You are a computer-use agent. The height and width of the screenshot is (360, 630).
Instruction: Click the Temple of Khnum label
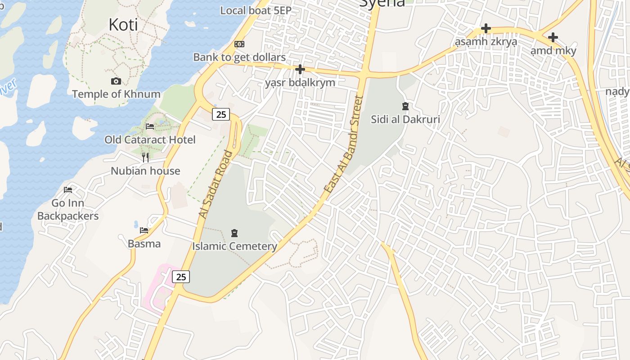[x=116, y=94]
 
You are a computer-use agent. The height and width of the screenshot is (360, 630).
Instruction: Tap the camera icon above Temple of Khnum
[x=116, y=81]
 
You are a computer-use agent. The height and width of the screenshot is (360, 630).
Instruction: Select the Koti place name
[x=123, y=25]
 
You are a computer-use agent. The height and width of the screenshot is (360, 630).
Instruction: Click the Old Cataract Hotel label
[x=150, y=139]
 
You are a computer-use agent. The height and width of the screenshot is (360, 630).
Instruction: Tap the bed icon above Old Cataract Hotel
[x=150, y=126]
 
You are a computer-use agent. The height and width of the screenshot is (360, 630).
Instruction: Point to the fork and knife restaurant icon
[x=145, y=157]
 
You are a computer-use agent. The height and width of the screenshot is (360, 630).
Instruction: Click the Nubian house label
[x=145, y=171]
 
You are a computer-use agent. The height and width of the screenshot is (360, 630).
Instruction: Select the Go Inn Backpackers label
[x=68, y=210]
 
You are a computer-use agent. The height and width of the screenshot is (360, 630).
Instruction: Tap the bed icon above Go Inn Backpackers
[x=68, y=190]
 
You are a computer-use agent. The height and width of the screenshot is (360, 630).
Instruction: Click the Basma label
[x=144, y=244]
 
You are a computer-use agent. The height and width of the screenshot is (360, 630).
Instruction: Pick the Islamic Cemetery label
[x=234, y=246]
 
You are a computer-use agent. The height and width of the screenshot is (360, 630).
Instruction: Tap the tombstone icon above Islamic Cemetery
[x=234, y=233]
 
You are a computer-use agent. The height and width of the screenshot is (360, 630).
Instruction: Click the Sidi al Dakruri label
[x=405, y=119]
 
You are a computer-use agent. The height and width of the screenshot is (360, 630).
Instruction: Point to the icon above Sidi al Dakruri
[x=405, y=106]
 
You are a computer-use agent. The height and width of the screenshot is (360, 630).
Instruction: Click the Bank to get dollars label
[x=239, y=57]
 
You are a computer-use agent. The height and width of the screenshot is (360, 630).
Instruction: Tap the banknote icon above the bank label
[x=239, y=44]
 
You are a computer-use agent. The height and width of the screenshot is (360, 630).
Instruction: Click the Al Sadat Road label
[x=216, y=184]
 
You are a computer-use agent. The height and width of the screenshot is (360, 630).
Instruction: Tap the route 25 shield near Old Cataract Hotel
[x=221, y=114]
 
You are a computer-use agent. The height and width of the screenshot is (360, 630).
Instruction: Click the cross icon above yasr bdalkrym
[x=300, y=69]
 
